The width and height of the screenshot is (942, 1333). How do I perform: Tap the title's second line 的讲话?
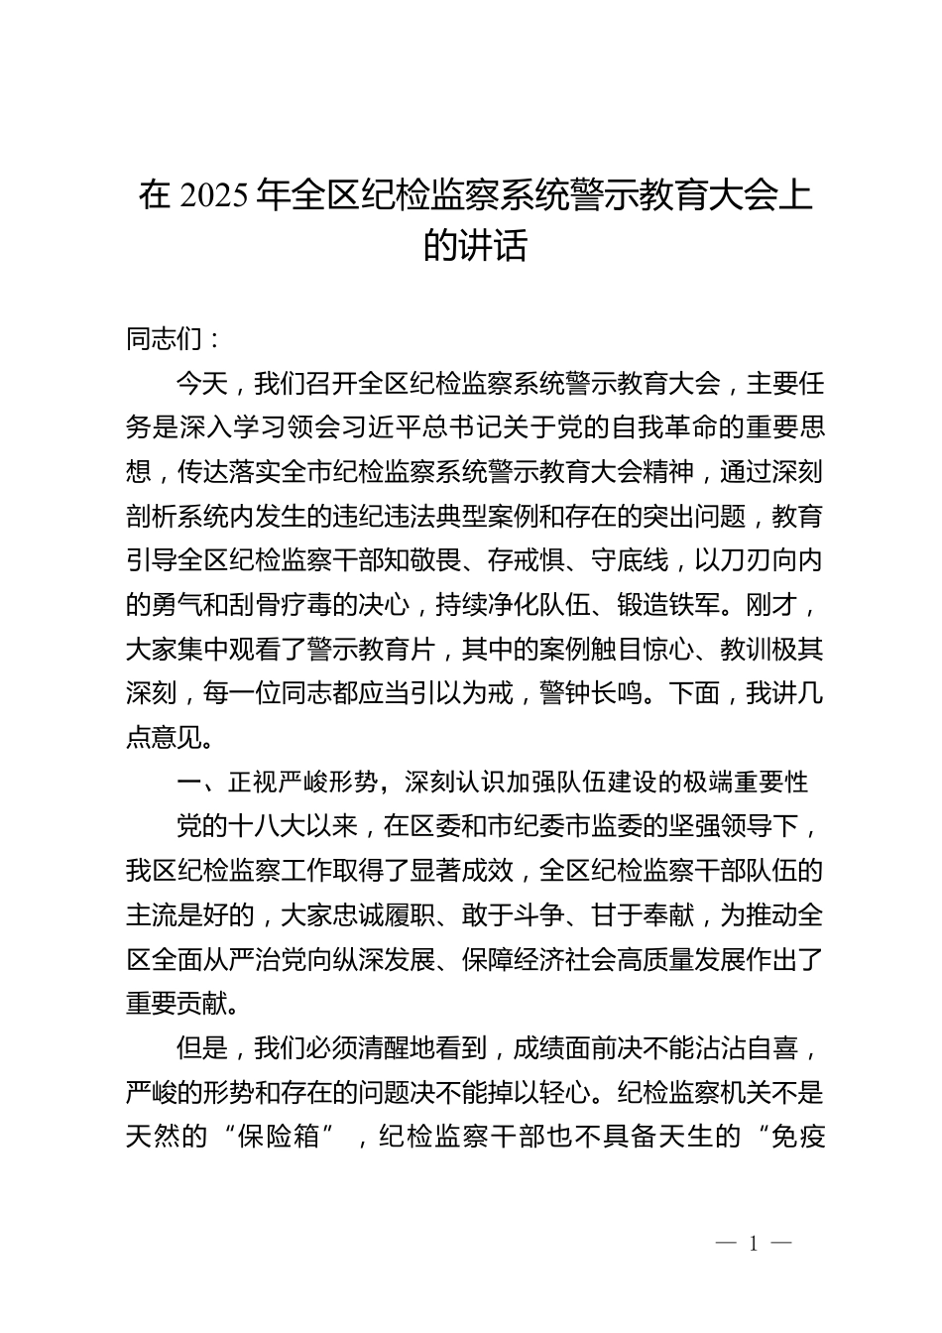point(475,246)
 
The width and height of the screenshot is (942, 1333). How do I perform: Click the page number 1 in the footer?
point(754,1244)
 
